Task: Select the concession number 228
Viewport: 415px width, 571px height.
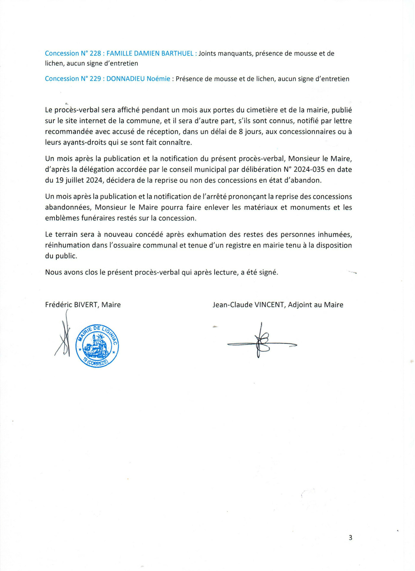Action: (95, 53)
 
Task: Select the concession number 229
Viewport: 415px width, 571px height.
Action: (95, 79)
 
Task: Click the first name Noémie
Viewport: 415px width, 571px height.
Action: (158, 79)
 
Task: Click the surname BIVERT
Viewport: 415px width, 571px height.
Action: (85, 305)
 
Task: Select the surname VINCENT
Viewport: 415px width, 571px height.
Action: (269, 305)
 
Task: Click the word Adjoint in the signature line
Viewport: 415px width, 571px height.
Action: (300, 305)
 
